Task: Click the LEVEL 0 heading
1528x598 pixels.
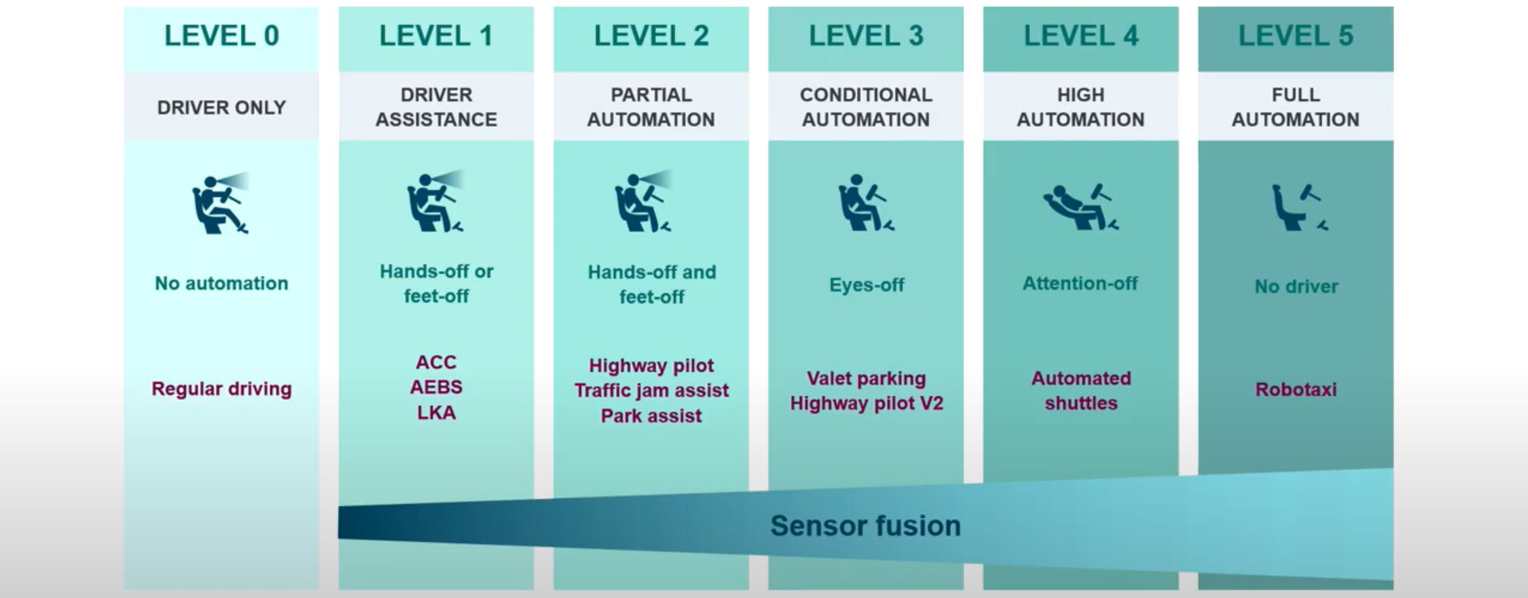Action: tap(221, 36)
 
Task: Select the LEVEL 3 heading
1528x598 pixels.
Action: tap(866, 36)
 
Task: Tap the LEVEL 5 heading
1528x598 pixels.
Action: tap(1296, 36)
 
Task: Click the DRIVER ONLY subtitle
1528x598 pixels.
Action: tap(221, 107)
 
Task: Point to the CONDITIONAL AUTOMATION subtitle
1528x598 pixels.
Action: tap(866, 107)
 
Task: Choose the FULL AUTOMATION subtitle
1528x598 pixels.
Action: tap(1296, 107)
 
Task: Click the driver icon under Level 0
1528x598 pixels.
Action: tap(220, 204)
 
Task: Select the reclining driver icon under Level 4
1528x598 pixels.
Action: tap(1080, 206)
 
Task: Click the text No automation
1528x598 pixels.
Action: tap(221, 283)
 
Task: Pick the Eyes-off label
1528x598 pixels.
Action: tap(867, 285)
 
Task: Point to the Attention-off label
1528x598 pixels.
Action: tap(1080, 283)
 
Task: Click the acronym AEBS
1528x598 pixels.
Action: tap(436, 387)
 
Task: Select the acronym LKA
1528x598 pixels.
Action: tap(436, 413)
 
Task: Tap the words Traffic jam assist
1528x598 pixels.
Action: tap(651, 390)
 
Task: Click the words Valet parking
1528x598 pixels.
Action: tap(866, 378)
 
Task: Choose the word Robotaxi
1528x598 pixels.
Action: tap(1296, 390)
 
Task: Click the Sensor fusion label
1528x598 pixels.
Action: tap(865, 526)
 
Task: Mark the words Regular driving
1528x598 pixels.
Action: tap(221, 389)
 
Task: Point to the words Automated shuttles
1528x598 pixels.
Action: tap(1081, 390)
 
